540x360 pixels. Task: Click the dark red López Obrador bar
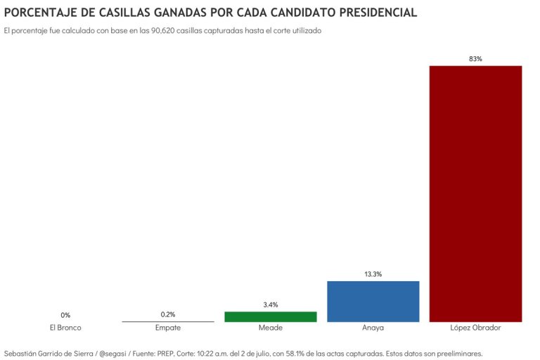coord(475,193)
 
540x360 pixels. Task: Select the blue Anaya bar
coord(373,301)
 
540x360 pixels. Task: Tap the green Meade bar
coord(271,316)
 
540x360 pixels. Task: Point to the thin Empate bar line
coord(168,321)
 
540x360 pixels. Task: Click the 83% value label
coord(475,59)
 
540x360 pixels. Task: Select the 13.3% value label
coord(373,274)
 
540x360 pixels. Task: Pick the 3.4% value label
coord(271,304)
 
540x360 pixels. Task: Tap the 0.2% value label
coord(168,314)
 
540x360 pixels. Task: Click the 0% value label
coord(65,315)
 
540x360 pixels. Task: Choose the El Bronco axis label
coord(65,328)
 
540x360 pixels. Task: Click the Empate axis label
coord(168,328)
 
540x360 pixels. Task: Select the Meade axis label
coord(271,328)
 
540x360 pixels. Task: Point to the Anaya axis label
coord(373,328)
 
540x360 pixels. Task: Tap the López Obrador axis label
coord(475,328)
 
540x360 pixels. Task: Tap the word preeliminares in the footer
coord(456,353)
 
